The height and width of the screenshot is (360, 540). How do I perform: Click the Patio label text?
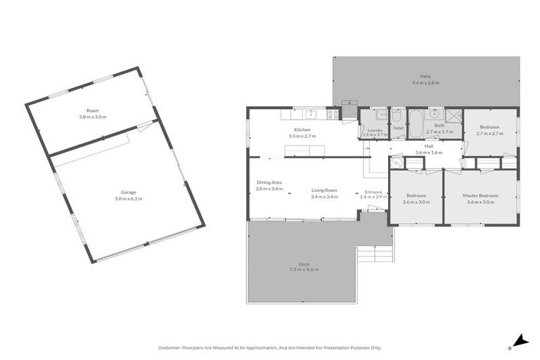point(425,77)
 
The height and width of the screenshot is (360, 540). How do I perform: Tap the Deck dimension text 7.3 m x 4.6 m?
point(304,269)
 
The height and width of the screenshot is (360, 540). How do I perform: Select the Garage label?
point(127,192)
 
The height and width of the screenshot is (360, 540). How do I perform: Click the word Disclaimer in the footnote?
point(171,347)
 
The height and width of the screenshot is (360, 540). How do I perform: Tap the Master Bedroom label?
point(480,195)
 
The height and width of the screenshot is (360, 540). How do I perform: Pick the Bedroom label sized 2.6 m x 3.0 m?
point(416,195)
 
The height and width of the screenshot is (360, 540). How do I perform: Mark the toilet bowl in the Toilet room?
point(397,116)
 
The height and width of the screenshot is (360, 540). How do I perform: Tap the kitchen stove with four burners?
point(333,113)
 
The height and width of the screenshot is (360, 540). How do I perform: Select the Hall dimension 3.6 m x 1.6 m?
point(428,153)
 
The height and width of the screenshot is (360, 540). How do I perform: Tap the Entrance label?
point(373,191)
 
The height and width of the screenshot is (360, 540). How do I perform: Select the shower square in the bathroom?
point(453,115)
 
